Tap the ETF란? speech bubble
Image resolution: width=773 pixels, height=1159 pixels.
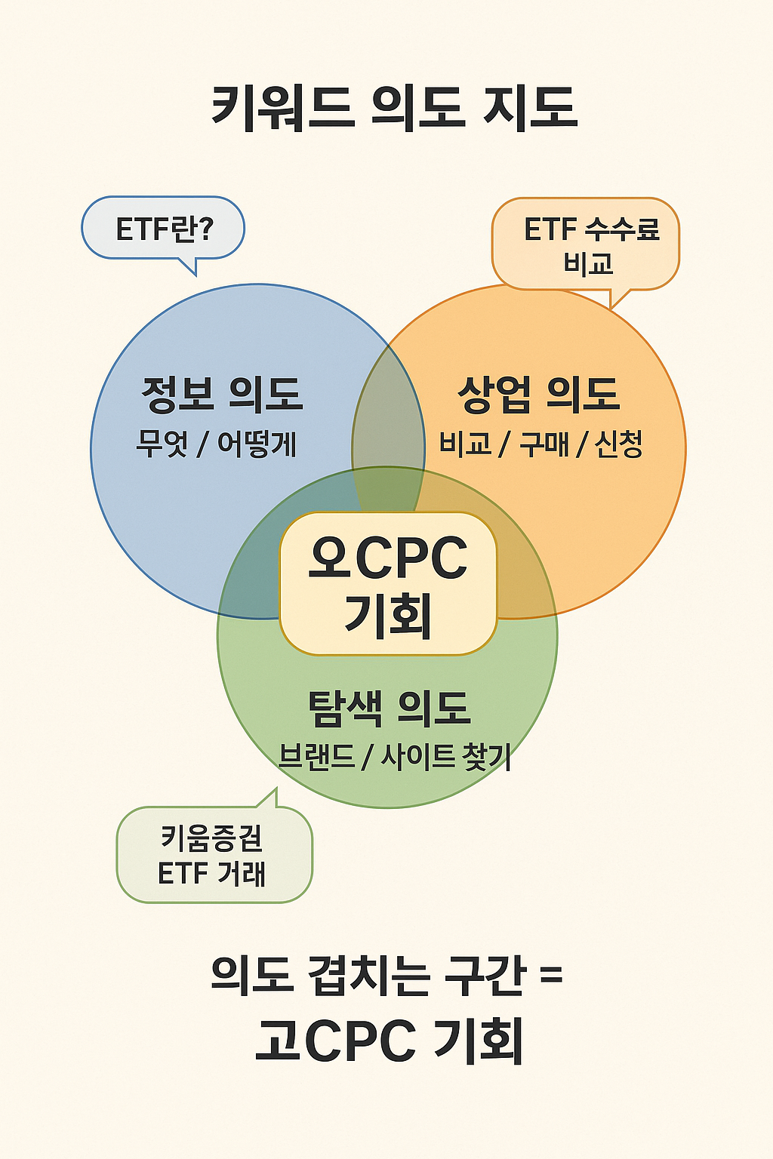[x=163, y=228]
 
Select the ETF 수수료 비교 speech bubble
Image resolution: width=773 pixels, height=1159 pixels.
[x=586, y=244]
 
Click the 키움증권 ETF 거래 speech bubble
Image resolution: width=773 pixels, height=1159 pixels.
[x=214, y=855]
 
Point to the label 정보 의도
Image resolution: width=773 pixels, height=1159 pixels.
[x=222, y=394]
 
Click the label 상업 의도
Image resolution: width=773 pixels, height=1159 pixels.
[x=538, y=394]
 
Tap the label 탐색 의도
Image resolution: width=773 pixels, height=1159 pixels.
[x=389, y=708]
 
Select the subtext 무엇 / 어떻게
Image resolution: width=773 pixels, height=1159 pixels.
[x=216, y=444]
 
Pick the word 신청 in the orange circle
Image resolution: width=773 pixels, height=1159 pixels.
[x=618, y=444]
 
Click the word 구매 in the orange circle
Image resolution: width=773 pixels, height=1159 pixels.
[x=544, y=444]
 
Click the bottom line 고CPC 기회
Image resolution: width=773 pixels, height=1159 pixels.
[x=389, y=1041]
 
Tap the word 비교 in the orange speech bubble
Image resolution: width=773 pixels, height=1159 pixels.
[x=588, y=263]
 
